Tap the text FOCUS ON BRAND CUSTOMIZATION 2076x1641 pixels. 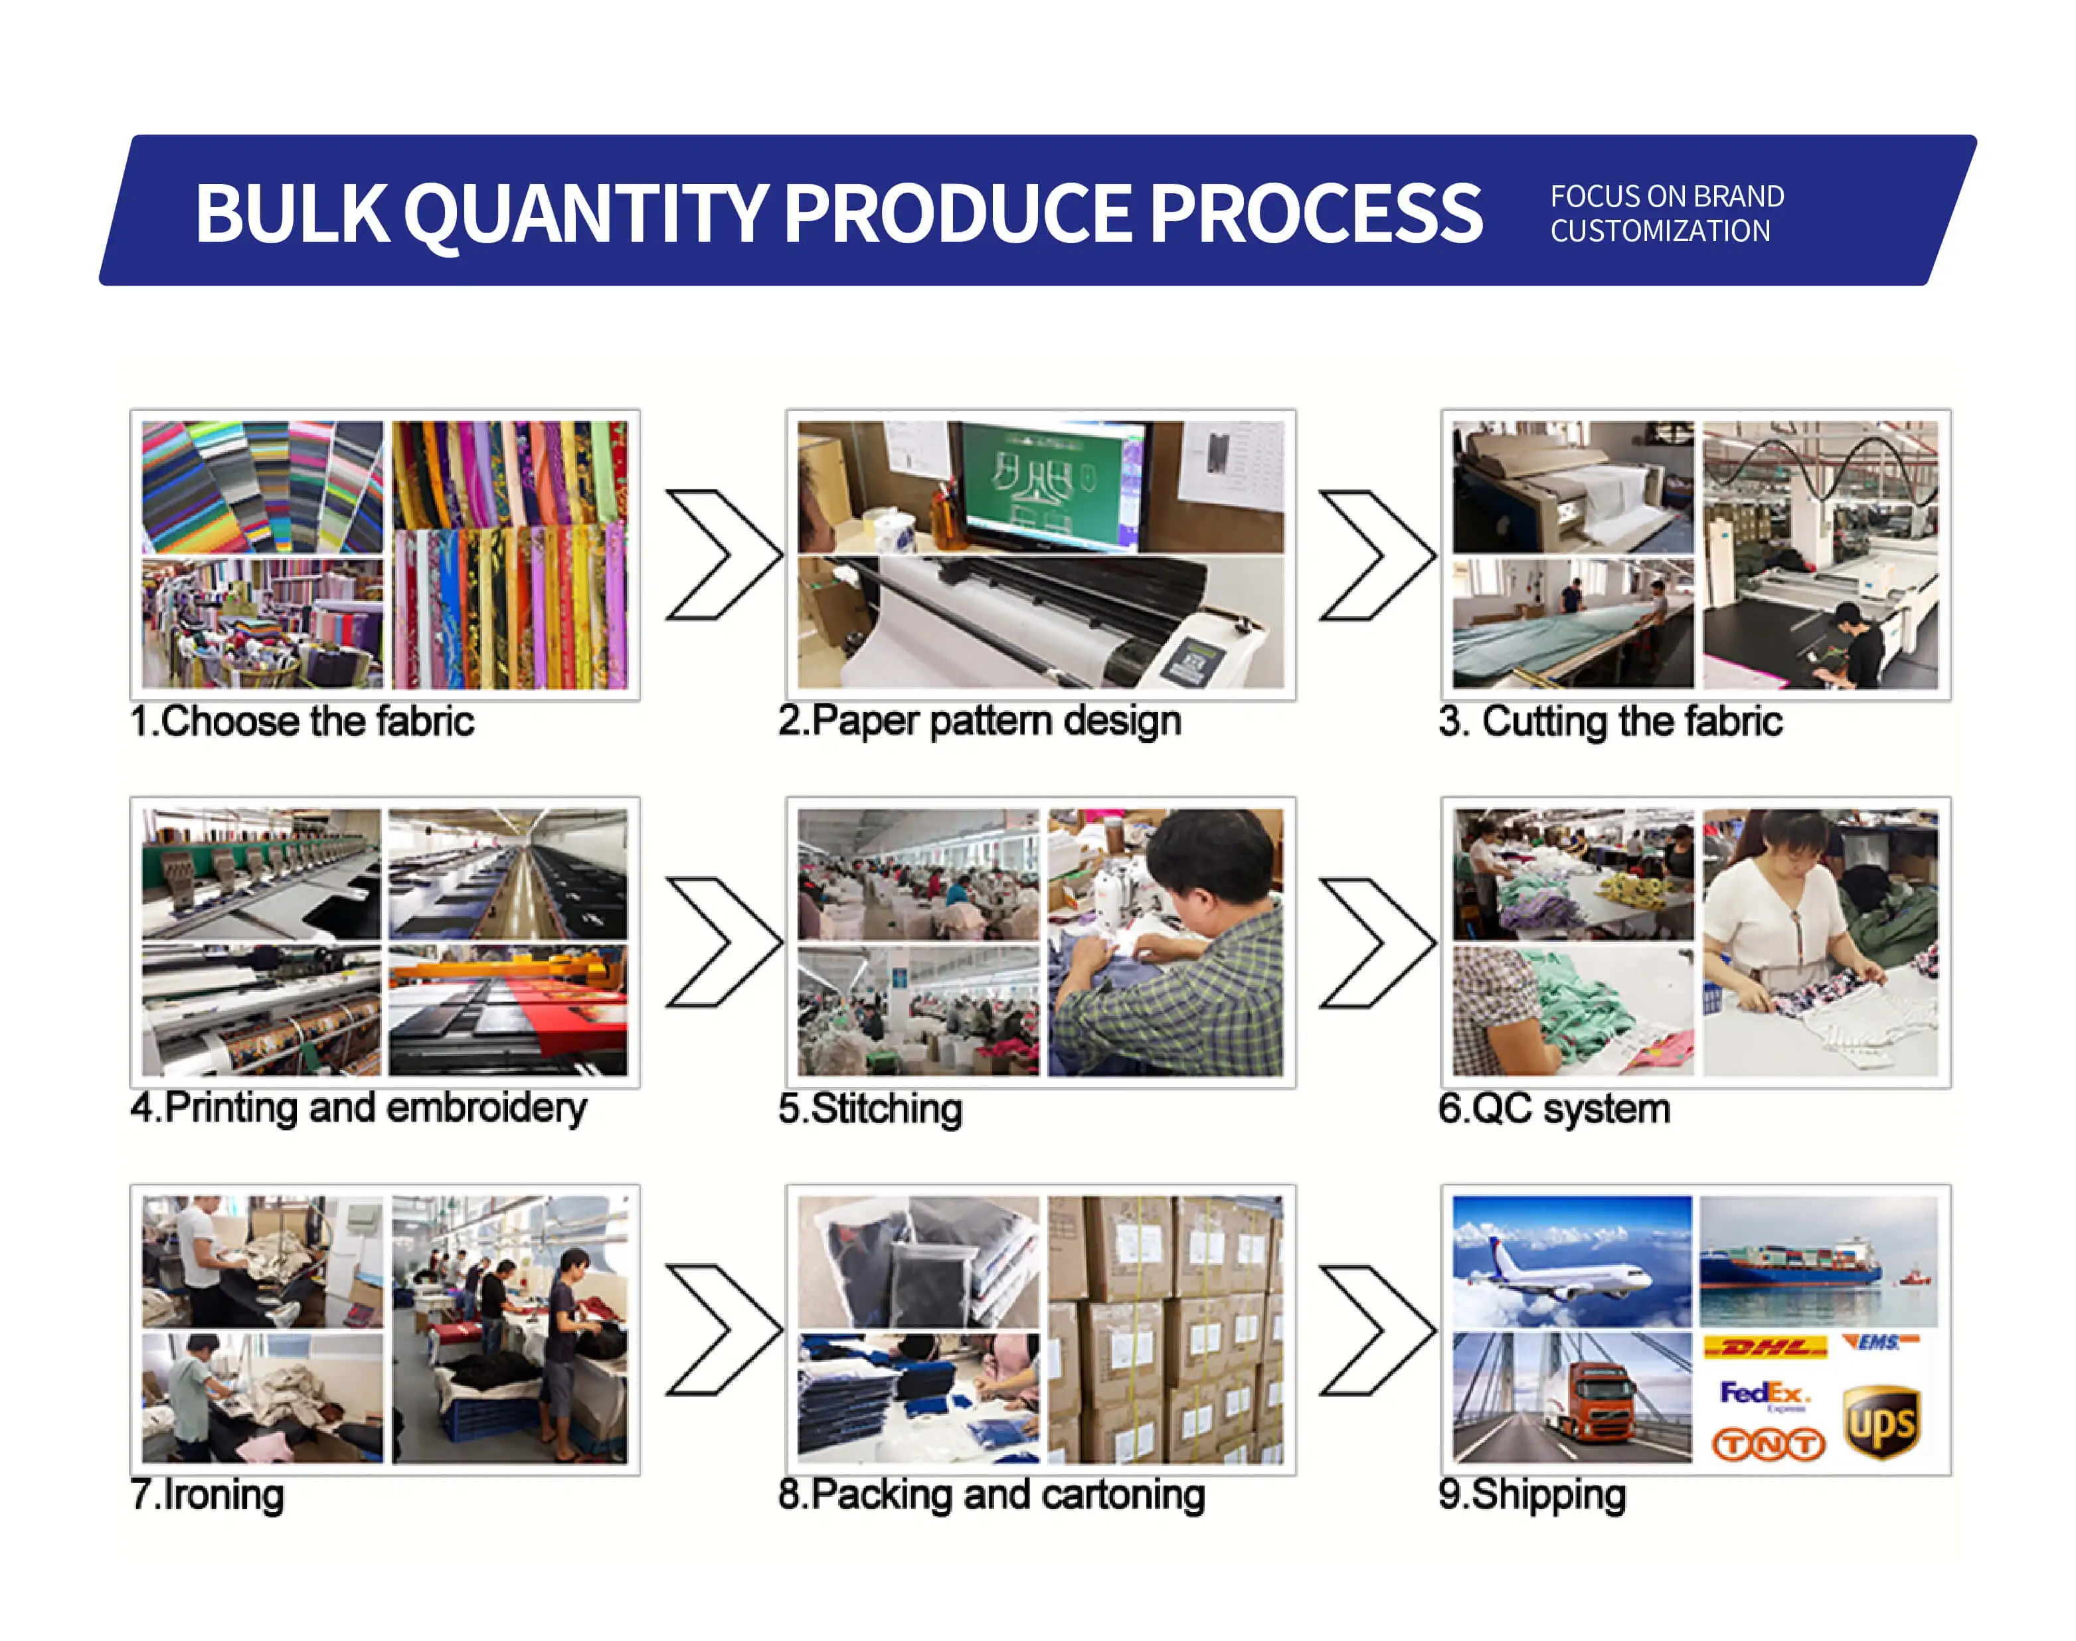pyautogui.click(x=1667, y=213)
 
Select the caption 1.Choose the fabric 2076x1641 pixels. pyautogui.click(x=302, y=721)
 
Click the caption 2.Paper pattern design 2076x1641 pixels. pyautogui.click(x=979, y=721)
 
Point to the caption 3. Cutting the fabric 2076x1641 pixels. pyautogui.click(x=1610, y=721)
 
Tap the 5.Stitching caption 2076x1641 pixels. pyautogui.click(x=869, y=1109)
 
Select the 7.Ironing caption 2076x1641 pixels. pyautogui.click(x=207, y=1495)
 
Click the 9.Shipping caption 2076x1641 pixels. pyautogui.click(x=1532, y=1495)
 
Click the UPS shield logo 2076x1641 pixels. pyautogui.click(x=1881, y=1422)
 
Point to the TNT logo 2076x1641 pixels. pyautogui.click(x=1768, y=1443)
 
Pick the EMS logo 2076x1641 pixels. pyautogui.click(x=1879, y=1342)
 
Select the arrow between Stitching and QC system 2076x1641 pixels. pyautogui.click(x=1377, y=942)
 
